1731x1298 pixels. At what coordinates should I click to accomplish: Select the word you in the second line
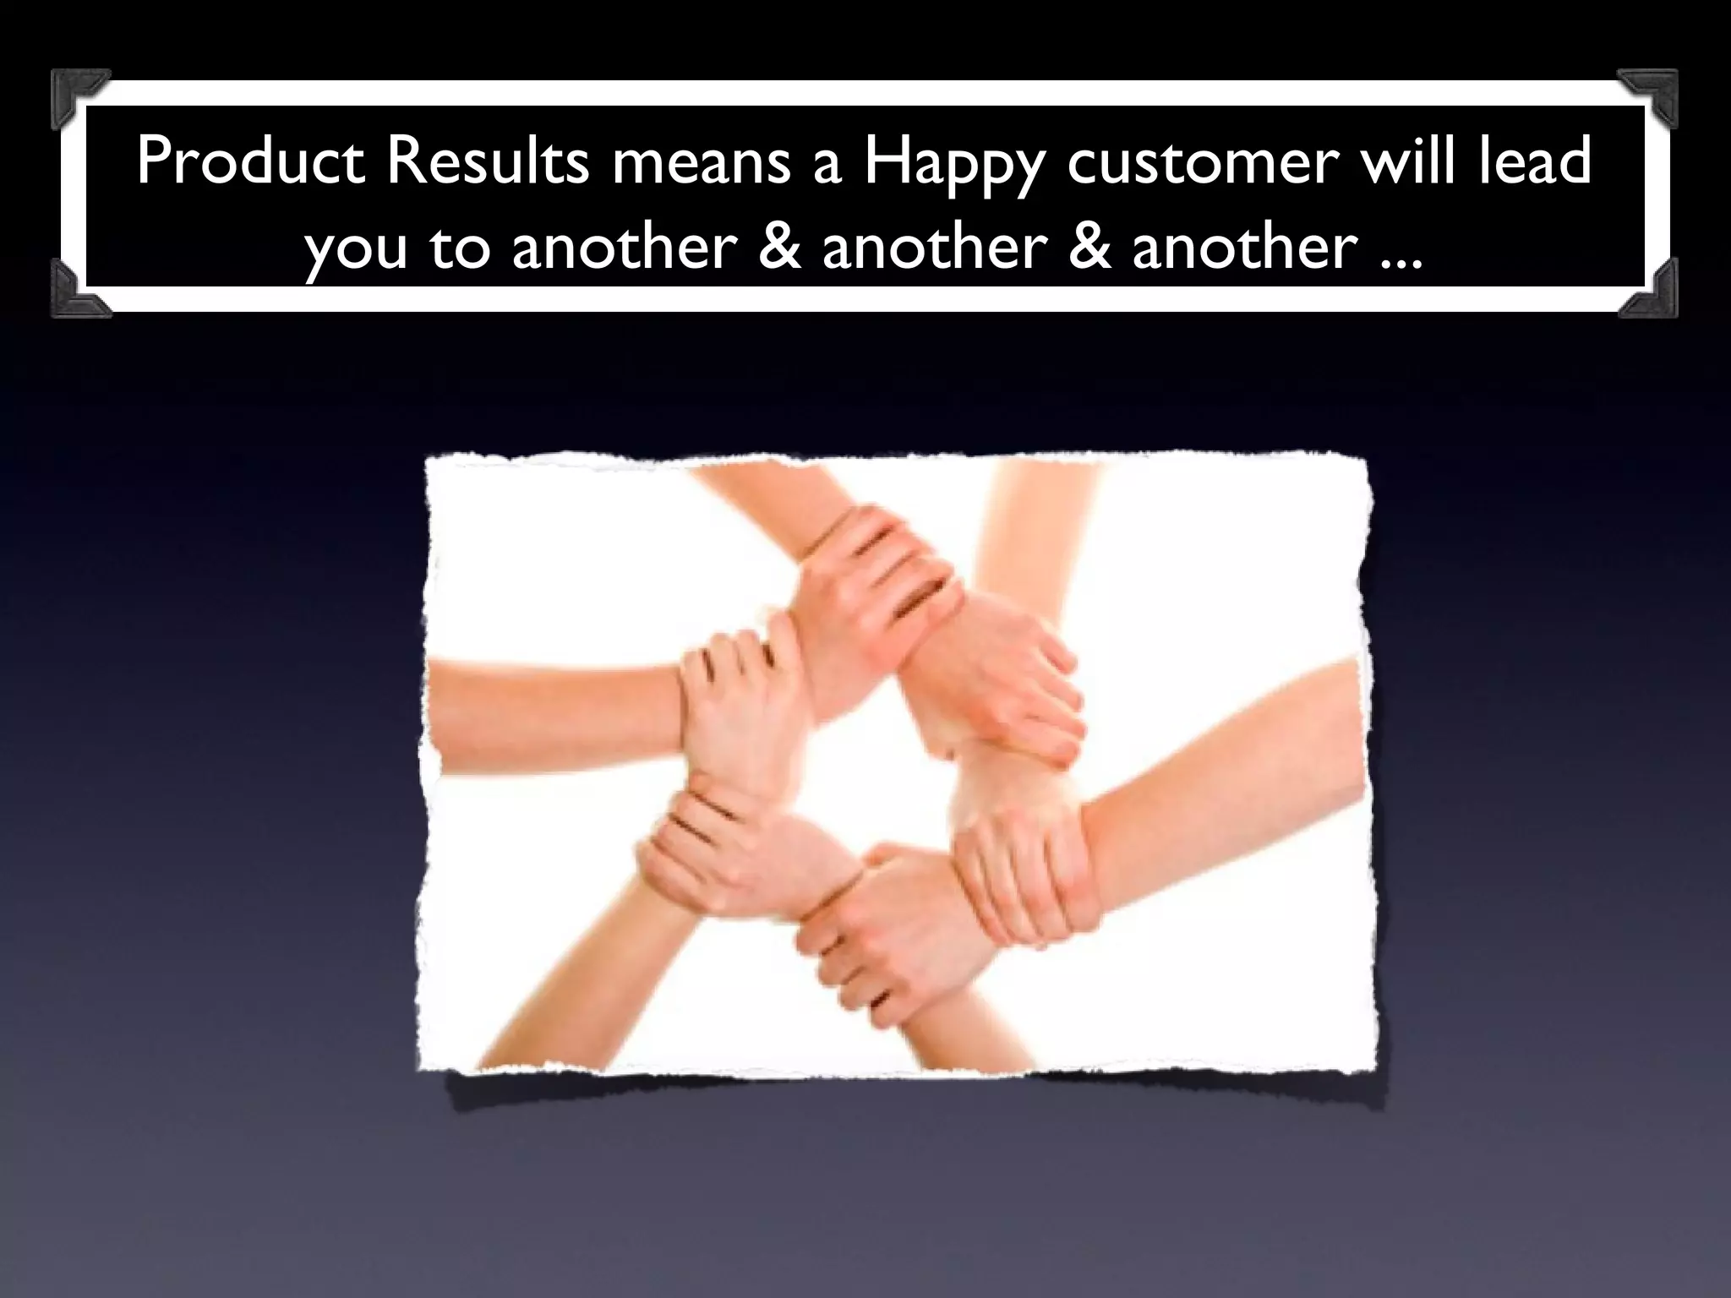point(356,250)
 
